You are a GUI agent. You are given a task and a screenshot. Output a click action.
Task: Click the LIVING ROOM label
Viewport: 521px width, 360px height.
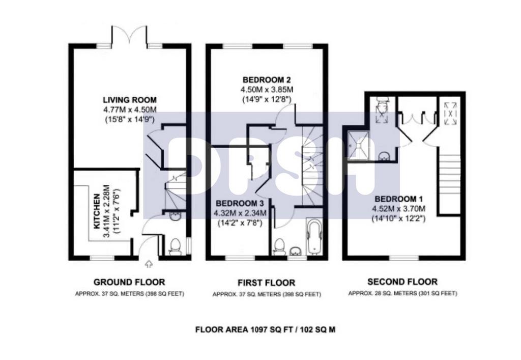pyautogui.click(x=130, y=100)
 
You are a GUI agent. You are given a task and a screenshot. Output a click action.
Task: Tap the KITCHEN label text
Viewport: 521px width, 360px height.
pyautogui.click(x=97, y=211)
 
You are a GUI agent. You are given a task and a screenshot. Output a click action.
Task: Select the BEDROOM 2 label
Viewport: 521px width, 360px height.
pyautogui.click(x=267, y=80)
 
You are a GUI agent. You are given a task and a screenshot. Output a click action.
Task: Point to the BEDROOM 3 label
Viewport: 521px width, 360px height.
pyautogui.click(x=241, y=204)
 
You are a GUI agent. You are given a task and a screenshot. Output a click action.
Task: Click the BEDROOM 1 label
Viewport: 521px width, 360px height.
pyautogui.click(x=398, y=199)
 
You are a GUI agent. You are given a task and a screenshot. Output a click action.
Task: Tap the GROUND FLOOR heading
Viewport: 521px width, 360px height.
pyautogui.click(x=129, y=282)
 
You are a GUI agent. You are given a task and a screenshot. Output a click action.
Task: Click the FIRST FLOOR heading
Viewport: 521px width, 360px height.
pyautogui.click(x=267, y=283)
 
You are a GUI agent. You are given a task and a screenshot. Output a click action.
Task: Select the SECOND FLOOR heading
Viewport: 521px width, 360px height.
pyautogui.click(x=402, y=282)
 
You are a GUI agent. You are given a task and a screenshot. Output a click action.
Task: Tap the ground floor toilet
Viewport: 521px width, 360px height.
pyautogui.click(x=175, y=246)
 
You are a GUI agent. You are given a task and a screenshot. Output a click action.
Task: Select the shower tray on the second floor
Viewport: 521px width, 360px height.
pyautogui.click(x=359, y=145)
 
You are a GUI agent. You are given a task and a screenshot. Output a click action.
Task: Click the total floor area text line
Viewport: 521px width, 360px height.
pyautogui.click(x=266, y=330)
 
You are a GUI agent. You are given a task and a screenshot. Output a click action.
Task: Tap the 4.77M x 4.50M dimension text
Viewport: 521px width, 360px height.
pyautogui.click(x=130, y=109)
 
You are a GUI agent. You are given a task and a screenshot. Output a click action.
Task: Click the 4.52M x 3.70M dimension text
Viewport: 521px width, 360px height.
pyautogui.click(x=398, y=209)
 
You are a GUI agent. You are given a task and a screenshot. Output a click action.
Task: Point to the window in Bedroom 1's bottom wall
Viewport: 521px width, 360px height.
pyautogui.click(x=403, y=258)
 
